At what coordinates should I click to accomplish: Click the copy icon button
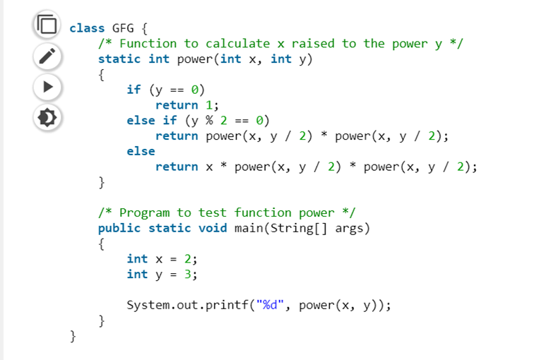46,25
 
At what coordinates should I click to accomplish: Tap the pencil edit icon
46,56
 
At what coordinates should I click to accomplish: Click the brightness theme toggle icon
46,117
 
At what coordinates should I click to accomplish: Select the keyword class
87,28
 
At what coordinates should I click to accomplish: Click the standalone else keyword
141,151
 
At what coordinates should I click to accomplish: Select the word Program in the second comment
144,212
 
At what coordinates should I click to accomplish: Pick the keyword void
213,228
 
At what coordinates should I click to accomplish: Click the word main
249,228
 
